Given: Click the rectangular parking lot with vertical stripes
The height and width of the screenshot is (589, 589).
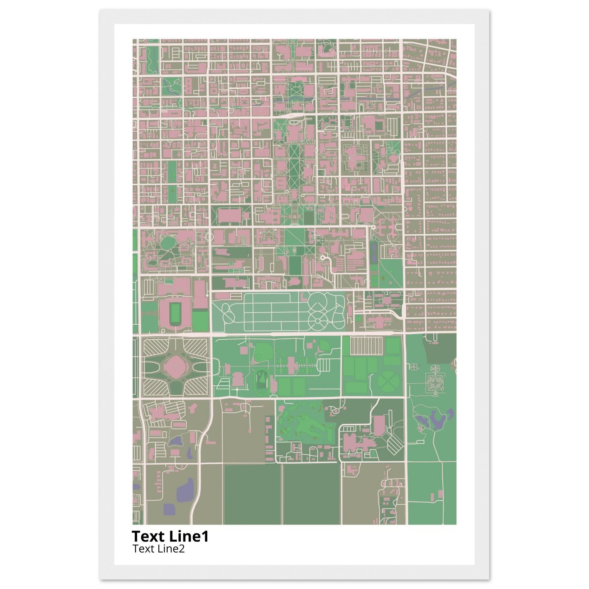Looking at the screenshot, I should (x=366, y=345).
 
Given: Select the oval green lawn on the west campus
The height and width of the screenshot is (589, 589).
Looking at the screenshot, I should (x=167, y=243).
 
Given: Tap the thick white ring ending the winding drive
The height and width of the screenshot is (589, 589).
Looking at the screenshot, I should (x=323, y=258).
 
